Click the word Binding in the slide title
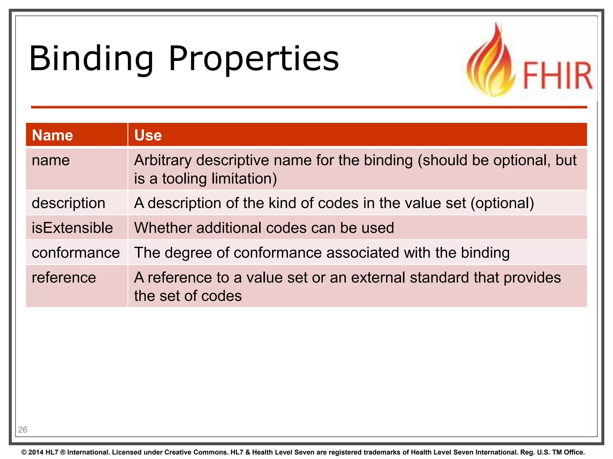[x=91, y=59]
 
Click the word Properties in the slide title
[x=254, y=59]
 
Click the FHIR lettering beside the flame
[x=557, y=75]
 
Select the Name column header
[x=52, y=135]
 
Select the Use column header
[x=148, y=135]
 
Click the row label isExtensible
[x=72, y=228]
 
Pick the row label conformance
[x=76, y=253]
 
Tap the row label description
[x=68, y=203]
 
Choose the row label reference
[x=64, y=278]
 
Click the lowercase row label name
[x=51, y=160]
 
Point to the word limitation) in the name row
[x=244, y=179]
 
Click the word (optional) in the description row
[x=502, y=203]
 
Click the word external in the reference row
[x=378, y=278]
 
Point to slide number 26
[x=23, y=430]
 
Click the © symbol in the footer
[x=24, y=452]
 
